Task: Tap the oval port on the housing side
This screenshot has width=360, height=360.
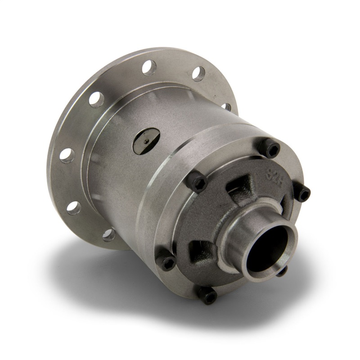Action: tap(147, 140)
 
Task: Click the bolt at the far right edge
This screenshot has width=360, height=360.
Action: tap(302, 193)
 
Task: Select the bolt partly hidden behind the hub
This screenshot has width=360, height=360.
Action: tap(281, 270)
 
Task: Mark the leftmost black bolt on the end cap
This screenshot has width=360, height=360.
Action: tap(167, 262)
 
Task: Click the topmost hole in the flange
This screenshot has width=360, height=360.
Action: tap(149, 67)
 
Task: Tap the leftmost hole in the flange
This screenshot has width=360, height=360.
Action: tap(67, 155)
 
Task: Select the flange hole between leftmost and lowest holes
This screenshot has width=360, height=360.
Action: tap(74, 207)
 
